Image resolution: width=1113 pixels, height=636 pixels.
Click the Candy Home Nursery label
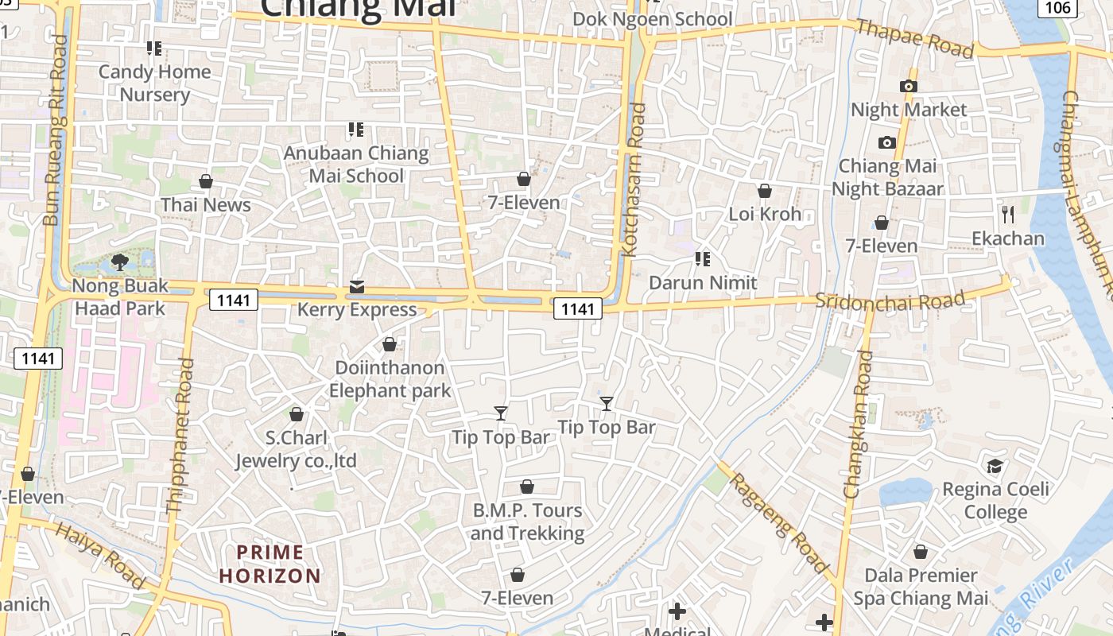coord(154,83)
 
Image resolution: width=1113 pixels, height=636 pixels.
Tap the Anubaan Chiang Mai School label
coord(356,165)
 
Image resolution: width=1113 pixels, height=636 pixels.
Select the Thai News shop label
coord(206,204)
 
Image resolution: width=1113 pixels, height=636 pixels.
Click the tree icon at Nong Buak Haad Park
coord(120,262)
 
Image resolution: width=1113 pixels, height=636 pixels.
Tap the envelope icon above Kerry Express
coord(357,287)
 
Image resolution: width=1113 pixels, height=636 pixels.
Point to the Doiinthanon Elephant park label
coord(390,379)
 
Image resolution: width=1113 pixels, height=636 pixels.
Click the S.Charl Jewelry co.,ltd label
coord(296,449)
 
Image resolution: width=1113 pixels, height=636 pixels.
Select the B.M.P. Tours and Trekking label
coord(526,522)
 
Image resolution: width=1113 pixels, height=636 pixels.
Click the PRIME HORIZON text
coord(270,564)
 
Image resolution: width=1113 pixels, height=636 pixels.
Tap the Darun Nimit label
coord(703,282)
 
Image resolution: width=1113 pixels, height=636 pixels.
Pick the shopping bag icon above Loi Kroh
coord(764,191)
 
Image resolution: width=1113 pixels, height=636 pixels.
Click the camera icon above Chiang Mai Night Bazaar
coord(887,143)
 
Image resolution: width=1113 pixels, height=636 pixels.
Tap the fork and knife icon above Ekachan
coord(1008,214)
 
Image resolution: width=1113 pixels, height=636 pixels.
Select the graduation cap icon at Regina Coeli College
coord(995,466)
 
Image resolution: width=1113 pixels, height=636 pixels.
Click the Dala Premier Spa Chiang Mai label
coord(921,586)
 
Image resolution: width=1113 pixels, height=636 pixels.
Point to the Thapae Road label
coord(914,38)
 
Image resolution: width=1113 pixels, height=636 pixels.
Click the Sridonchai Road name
coord(890,301)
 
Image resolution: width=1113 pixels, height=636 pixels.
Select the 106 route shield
coord(1057,8)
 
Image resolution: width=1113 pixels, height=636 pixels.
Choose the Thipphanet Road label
coord(180,435)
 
